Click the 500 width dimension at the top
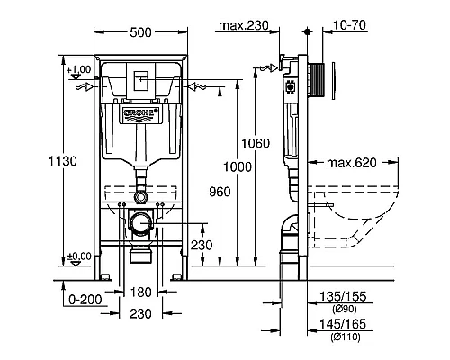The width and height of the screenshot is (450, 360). pos(140,32)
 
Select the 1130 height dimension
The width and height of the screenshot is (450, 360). pos(63,161)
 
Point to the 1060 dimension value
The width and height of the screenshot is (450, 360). pos(256,143)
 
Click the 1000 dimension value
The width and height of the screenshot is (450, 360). pos(238,166)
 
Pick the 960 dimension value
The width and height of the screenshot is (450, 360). pos(220,192)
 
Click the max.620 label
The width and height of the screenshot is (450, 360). pos(352,163)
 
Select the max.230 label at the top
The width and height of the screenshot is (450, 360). pos(244,25)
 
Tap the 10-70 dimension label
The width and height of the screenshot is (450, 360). pos(349,25)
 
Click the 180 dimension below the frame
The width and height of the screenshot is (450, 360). pos(141,292)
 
